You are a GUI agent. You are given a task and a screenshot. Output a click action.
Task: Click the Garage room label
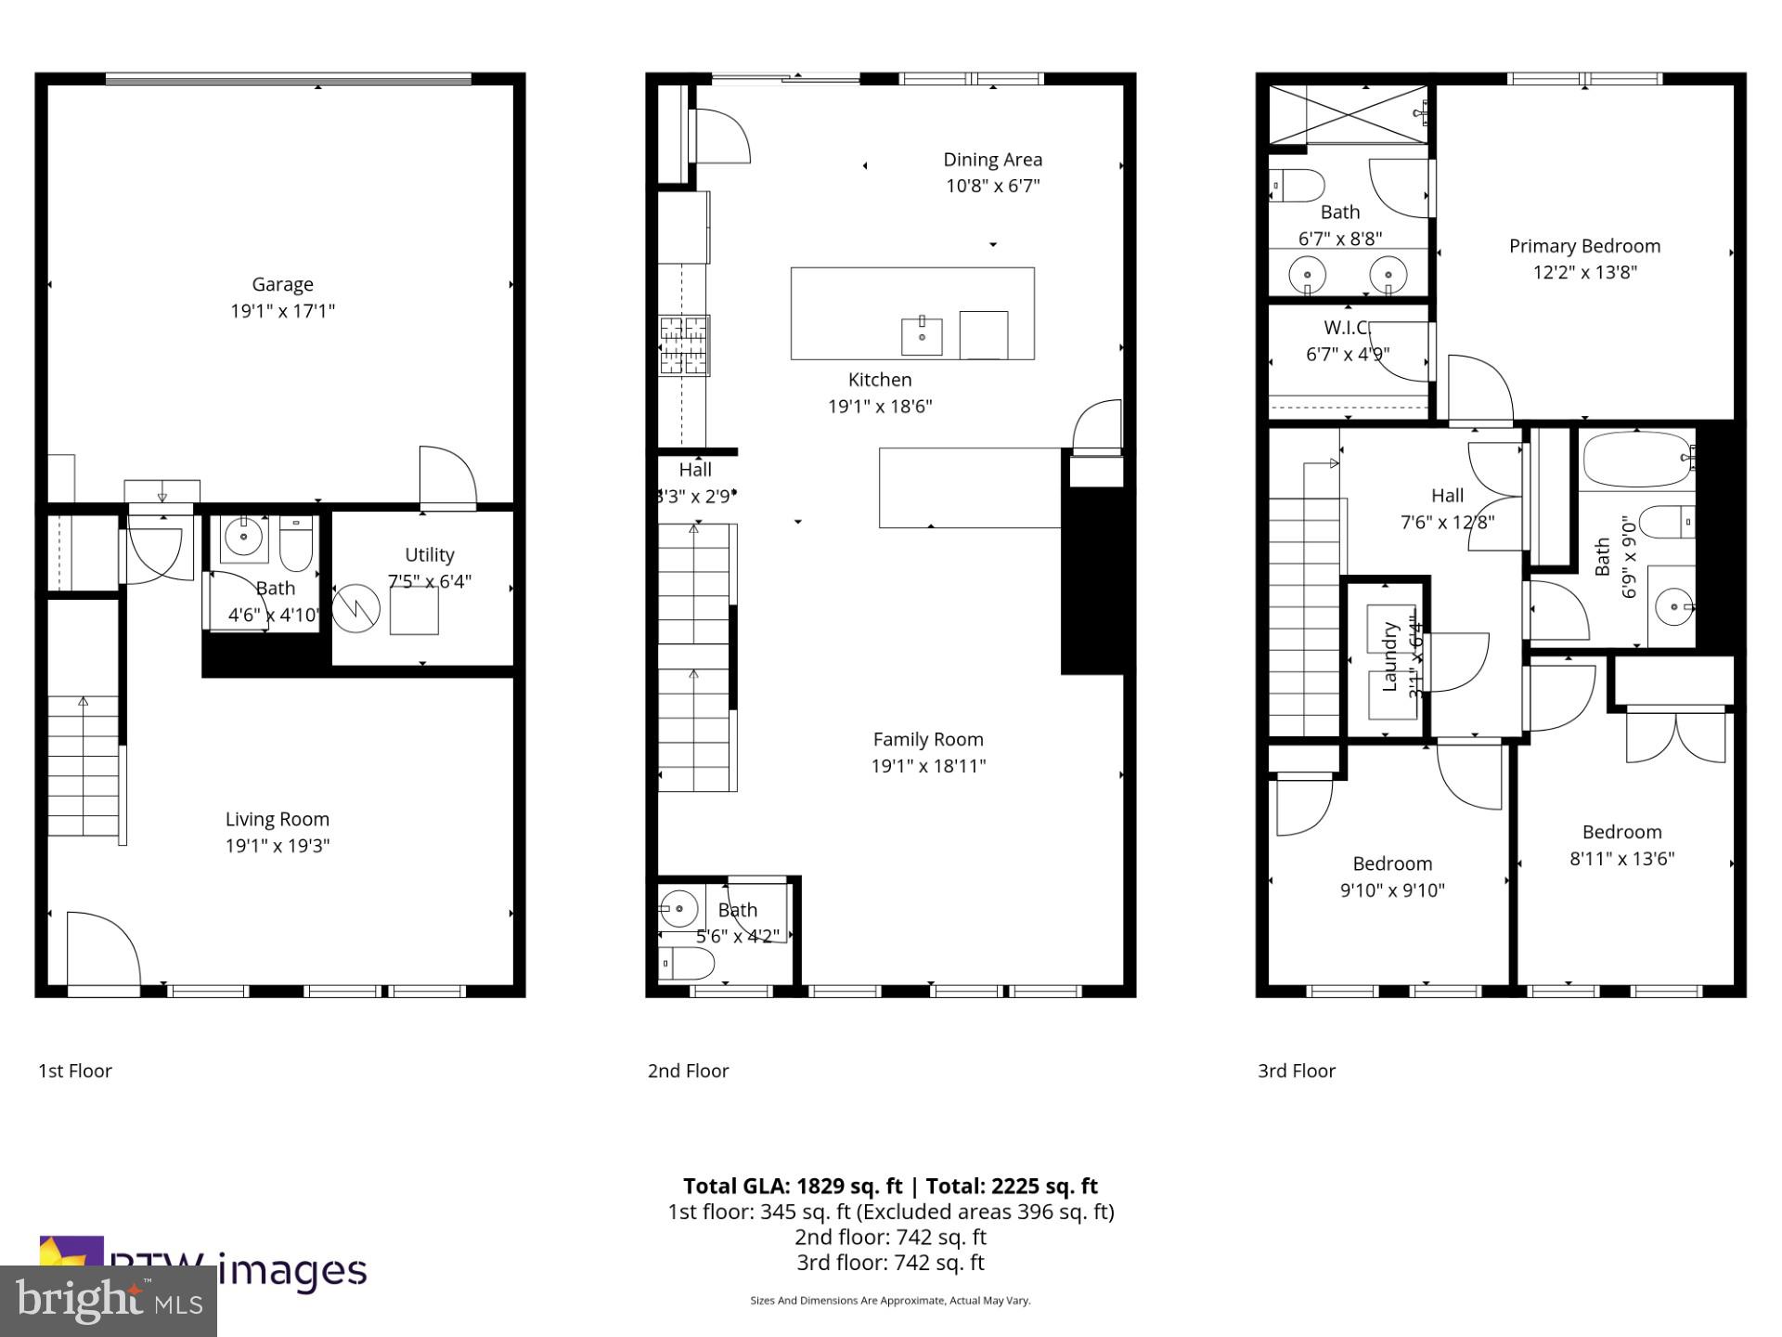pyautogui.click(x=282, y=284)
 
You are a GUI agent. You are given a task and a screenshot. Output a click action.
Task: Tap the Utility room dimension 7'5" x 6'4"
pyautogui.click(x=429, y=581)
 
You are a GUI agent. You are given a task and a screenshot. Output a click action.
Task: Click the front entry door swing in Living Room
pyautogui.click(x=103, y=949)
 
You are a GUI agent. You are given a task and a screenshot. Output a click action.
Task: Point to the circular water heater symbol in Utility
pyautogui.click(x=356, y=608)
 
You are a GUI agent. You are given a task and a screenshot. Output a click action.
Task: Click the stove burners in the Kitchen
pyautogui.click(x=684, y=345)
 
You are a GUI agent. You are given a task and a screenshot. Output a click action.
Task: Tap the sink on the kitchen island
pyautogui.click(x=922, y=336)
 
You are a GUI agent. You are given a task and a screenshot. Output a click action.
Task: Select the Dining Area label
pyautogui.click(x=992, y=160)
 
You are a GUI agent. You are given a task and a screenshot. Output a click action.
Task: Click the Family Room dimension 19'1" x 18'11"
pyautogui.click(x=928, y=766)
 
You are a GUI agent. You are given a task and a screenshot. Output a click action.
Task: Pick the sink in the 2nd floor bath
pyautogui.click(x=679, y=907)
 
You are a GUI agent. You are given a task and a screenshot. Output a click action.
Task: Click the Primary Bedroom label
pyautogui.click(x=1584, y=246)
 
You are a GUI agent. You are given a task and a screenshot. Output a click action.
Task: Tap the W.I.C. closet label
pyautogui.click(x=1347, y=327)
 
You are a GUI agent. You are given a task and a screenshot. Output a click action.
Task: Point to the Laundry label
pyautogui.click(x=1389, y=656)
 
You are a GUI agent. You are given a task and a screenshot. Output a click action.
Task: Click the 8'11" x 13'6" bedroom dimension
pyautogui.click(x=1621, y=859)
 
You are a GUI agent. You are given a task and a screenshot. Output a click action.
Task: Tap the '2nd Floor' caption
pyautogui.click(x=688, y=1071)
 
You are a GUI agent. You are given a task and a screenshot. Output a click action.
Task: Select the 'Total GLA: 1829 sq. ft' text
pyautogui.click(x=793, y=1186)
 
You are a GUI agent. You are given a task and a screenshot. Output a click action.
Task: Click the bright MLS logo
pyautogui.click(x=109, y=1300)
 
